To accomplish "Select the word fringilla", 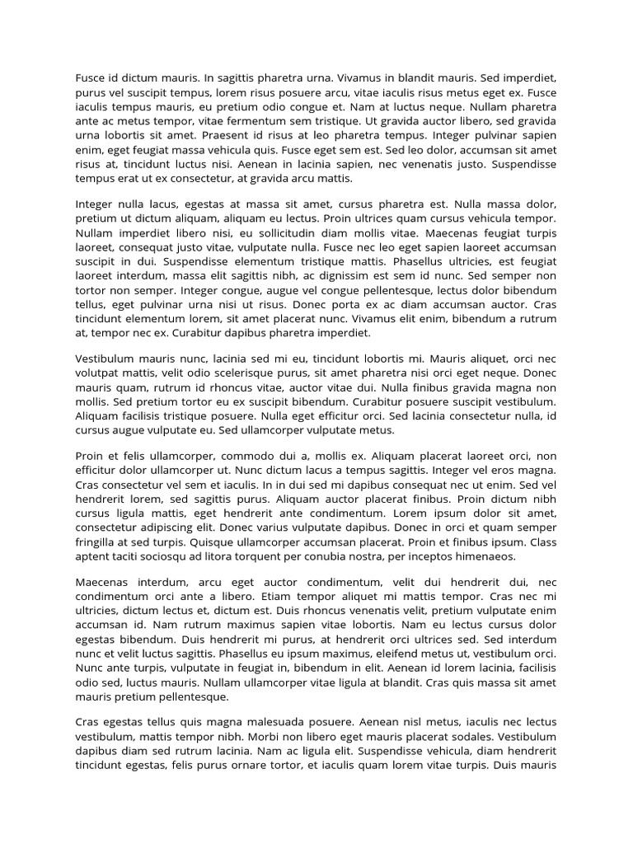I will (99, 542).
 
